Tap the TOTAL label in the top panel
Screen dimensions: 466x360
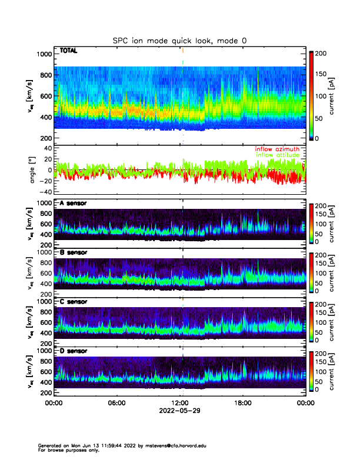[68, 51]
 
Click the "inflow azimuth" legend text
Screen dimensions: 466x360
[277, 149]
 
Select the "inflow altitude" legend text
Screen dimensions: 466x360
[277, 155]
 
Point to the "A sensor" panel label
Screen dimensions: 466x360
[74, 204]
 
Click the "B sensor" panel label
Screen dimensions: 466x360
[74, 252]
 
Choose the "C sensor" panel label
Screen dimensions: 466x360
[74, 301]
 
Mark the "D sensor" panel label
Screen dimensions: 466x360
[74, 351]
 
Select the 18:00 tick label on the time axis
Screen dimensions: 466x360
[242, 403]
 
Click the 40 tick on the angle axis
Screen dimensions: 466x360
[46, 148]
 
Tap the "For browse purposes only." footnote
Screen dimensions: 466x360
[65, 450]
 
